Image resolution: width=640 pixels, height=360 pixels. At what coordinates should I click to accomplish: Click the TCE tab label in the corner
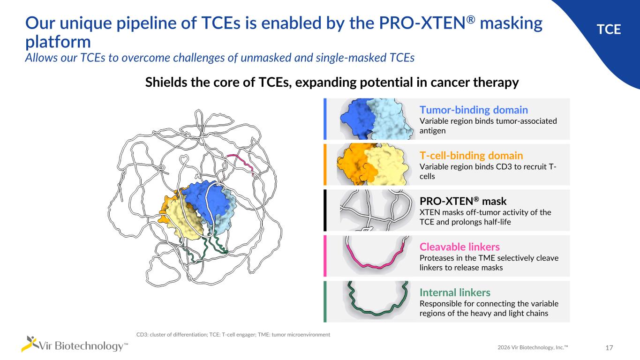tap(609, 30)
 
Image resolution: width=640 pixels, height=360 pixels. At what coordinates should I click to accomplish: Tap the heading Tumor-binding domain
tap(474, 110)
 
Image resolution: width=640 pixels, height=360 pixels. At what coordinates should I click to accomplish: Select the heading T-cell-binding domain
tap(471, 155)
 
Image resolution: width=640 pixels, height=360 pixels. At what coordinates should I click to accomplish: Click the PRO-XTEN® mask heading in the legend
tap(463, 201)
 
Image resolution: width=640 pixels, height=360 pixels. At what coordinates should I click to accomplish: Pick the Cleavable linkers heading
tap(459, 247)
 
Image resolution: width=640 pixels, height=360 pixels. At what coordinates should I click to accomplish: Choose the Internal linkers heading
tap(455, 292)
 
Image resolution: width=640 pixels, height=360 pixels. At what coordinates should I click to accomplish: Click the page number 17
tap(610, 348)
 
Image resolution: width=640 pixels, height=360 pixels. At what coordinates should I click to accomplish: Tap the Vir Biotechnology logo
tap(75, 345)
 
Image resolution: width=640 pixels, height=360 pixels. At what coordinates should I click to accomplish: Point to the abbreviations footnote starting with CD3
tap(233, 335)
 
